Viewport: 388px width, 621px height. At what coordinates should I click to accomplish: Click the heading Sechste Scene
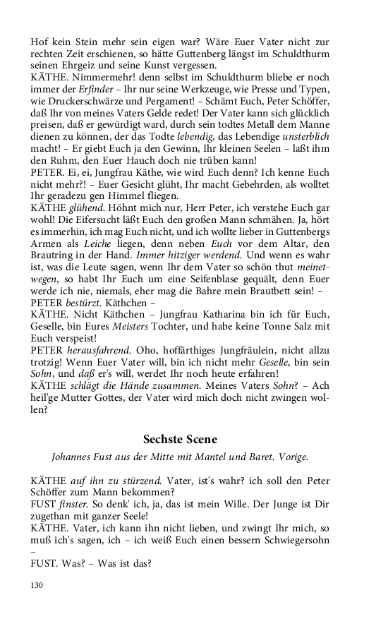[x=180, y=439]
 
